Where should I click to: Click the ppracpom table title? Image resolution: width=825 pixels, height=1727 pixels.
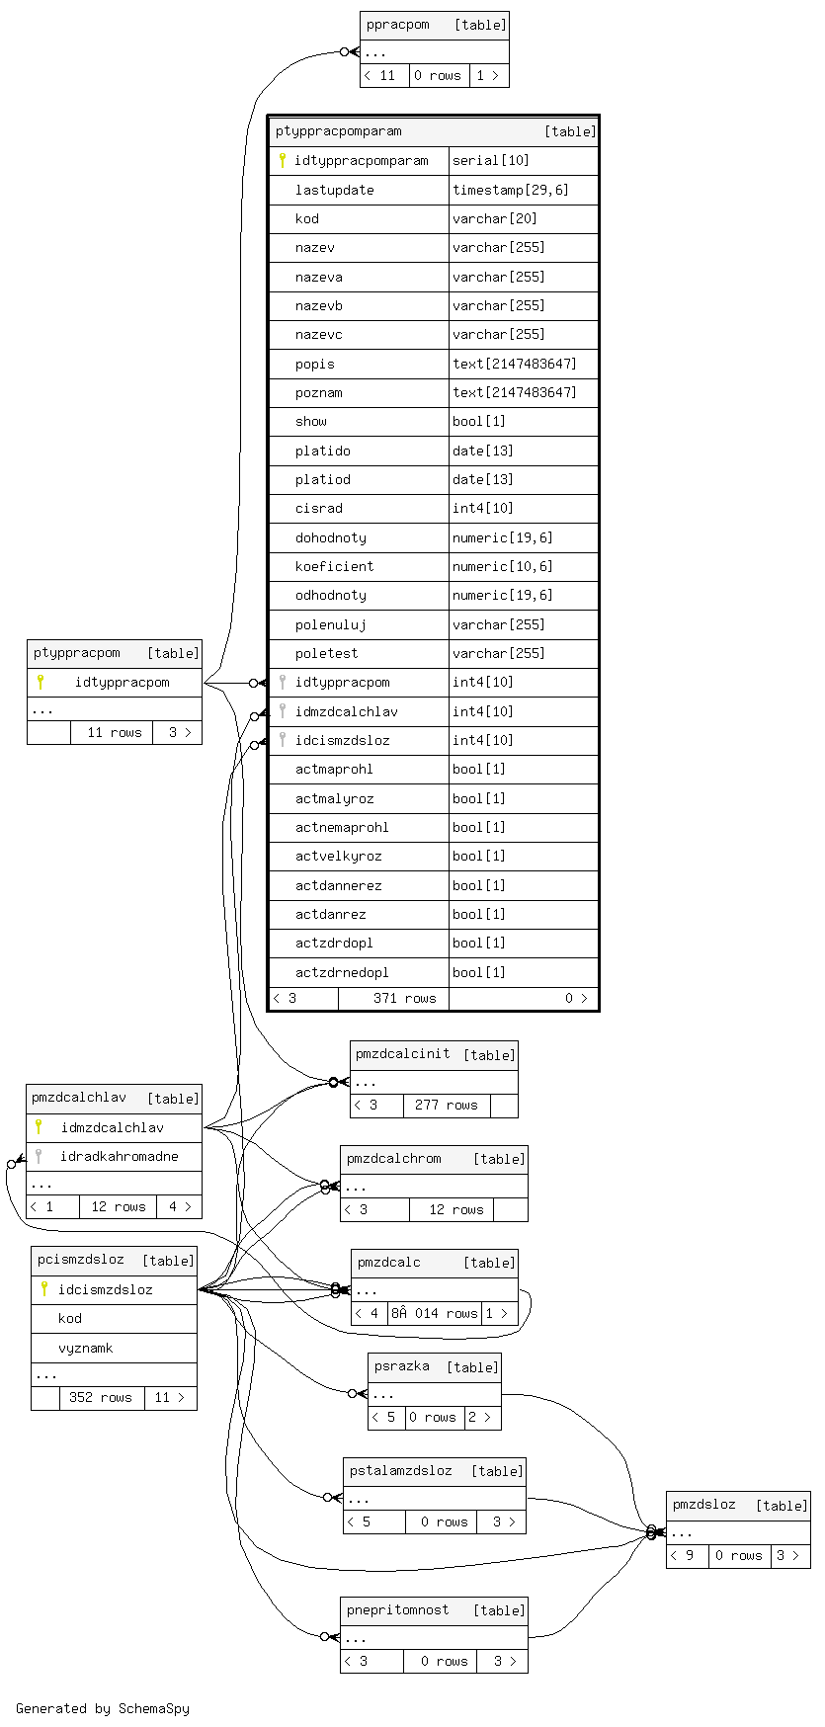pyautogui.click(x=397, y=25)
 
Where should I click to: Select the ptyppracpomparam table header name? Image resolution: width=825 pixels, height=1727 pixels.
pyautogui.click(x=338, y=130)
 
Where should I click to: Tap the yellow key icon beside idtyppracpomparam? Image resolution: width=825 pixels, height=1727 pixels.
pyautogui.click(x=282, y=160)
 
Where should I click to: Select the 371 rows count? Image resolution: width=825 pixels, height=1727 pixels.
pyautogui.click(x=404, y=998)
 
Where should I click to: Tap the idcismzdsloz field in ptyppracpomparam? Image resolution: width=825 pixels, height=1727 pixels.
pyautogui.click(x=342, y=740)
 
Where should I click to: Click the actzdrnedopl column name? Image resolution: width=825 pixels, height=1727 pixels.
pyautogui.click(x=342, y=972)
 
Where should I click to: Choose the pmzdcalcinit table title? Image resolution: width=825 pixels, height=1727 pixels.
pyautogui.click(x=402, y=1053)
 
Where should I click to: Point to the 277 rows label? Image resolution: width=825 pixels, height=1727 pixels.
pyautogui.click(x=446, y=1105)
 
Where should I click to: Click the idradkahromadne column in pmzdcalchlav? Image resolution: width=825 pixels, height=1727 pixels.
pyautogui.click(x=119, y=1156)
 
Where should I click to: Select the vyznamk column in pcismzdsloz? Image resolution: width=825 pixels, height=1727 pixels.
pyautogui.click(x=85, y=1348)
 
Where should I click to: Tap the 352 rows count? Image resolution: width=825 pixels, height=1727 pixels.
pyautogui.click(x=100, y=1397)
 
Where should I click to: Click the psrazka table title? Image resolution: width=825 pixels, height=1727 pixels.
pyautogui.click(x=401, y=1365)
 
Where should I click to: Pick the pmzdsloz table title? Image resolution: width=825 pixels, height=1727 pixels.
pyautogui.click(x=703, y=1505)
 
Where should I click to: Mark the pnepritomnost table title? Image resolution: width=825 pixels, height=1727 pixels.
pyautogui.click(x=397, y=1609)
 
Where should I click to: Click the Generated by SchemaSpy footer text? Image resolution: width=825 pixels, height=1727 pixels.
pyautogui.click(x=103, y=1708)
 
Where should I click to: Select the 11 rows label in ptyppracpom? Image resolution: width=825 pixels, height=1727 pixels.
pyautogui.click(x=115, y=732)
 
